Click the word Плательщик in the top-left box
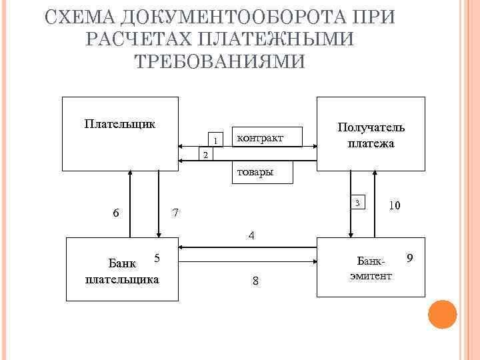(x=120, y=123)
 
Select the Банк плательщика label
(x=123, y=273)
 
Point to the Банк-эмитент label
(x=371, y=268)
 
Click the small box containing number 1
(x=215, y=139)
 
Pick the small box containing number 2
(x=205, y=155)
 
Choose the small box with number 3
(x=359, y=203)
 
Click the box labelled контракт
(x=265, y=138)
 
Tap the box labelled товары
(x=253, y=173)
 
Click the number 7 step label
(x=175, y=213)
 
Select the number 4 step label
(x=251, y=235)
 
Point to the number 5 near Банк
(x=156, y=258)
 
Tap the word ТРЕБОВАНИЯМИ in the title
(x=219, y=61)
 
